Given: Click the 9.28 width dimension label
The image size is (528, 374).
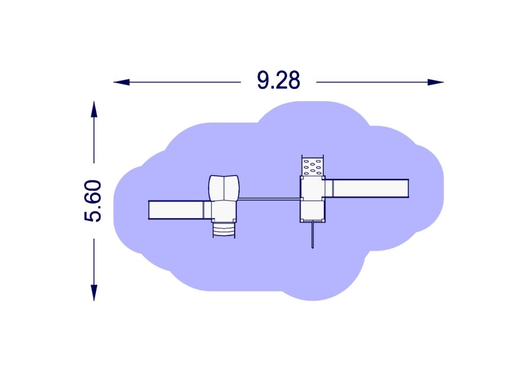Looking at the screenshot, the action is coord(278,80).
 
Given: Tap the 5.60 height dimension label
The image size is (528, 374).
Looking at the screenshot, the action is coord(93,201).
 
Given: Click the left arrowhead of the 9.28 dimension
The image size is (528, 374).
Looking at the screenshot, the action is coord(122,82).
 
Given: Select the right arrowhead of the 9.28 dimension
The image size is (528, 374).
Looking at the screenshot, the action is coord(435,82).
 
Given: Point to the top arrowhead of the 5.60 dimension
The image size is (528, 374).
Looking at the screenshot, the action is coord(94,109).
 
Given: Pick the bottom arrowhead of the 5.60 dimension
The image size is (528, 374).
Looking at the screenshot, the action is coord(94,293).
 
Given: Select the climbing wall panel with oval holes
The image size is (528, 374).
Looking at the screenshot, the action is coord(313,166).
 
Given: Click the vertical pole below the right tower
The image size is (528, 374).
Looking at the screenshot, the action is coord(313,235).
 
